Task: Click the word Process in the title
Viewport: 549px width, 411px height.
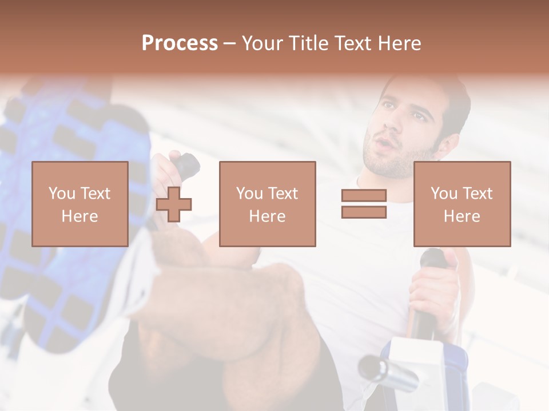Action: click(x=180, y=43)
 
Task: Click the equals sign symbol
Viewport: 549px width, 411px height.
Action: click(x=364, y=204)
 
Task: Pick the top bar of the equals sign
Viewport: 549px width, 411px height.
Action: click(x=364, y=196)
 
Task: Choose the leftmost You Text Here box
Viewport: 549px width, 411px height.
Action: click(x=79, y=204)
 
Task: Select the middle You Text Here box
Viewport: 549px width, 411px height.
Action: click(x=267, y=204)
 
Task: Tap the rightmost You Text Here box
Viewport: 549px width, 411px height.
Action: click(x=462, y=204)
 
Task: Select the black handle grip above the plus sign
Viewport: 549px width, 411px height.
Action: click(x=186, y=166)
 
